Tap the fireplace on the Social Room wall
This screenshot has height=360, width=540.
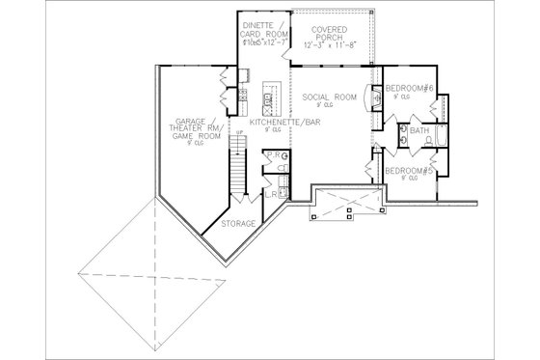pos(372,108)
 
